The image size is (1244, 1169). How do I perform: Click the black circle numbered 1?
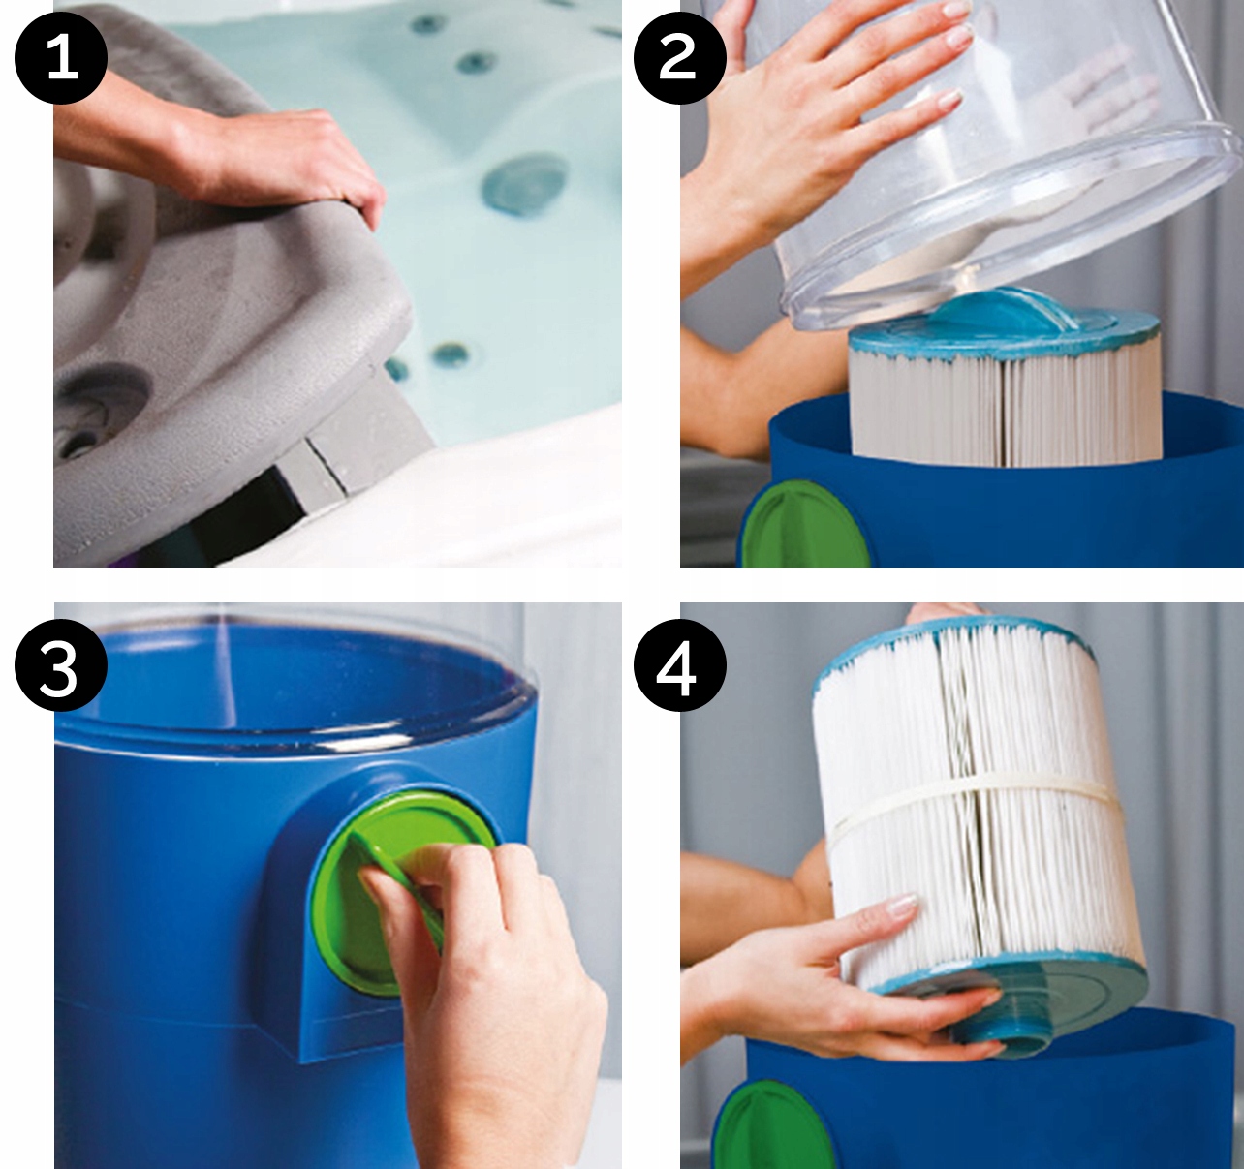pos(61,58)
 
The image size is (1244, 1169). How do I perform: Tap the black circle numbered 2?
pos(679,58)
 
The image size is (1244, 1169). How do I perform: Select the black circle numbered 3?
pos(61,664)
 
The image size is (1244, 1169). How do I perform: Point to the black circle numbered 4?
pos(679,664)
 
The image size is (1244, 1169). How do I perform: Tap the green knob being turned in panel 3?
pos(401,896)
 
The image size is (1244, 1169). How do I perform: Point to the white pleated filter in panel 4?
pos(978,808)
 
